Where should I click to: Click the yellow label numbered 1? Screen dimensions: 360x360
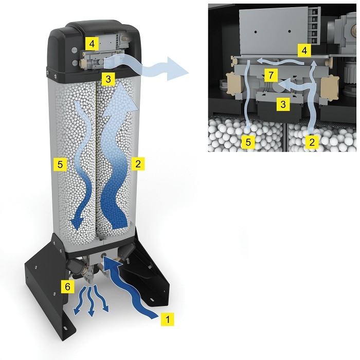[166, 319]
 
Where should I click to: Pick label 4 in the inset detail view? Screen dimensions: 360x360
[304, 51]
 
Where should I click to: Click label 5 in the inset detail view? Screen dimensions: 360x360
[248, 142]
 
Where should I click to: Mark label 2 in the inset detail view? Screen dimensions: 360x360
[310, 142]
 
